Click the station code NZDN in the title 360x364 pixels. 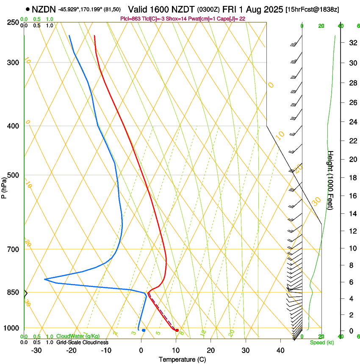coord(44,9)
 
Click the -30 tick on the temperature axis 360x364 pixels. coord(36,350)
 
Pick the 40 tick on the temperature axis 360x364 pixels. coord(280,350)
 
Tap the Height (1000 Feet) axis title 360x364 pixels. coord(331,180)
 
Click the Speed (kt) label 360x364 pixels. coord(321,342)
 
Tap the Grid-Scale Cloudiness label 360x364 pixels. coord(82,342)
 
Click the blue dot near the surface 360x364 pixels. coord(144,330)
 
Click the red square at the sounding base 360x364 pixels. coord(177,330)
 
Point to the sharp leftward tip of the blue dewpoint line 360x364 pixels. coord(45,279)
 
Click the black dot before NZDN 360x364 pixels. coord(28,9)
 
